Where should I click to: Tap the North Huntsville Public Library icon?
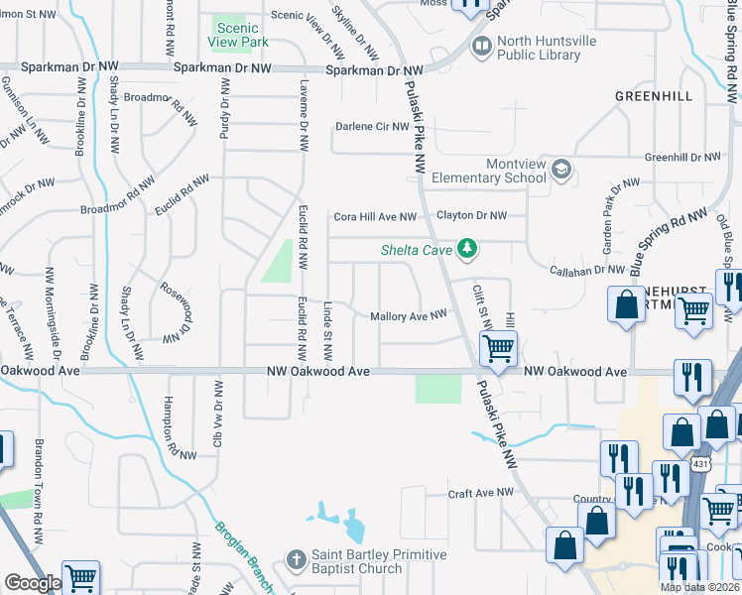(x=481, y=47)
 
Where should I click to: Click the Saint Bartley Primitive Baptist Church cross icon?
(x=295, y=560)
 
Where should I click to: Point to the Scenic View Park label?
(x=240, y=36)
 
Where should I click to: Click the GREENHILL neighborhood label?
(x=654, y=96)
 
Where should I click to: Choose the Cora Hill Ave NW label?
(x=374, y=216)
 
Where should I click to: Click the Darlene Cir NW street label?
(x=372, y=127)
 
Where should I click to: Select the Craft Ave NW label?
(x=481, y=492)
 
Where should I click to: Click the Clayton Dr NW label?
(x=472, y=215)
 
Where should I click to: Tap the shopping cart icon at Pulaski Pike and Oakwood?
(x=497, y=348)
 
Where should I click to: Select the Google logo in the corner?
(x=32, y=583)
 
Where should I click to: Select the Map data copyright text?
(x=698, y=587)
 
